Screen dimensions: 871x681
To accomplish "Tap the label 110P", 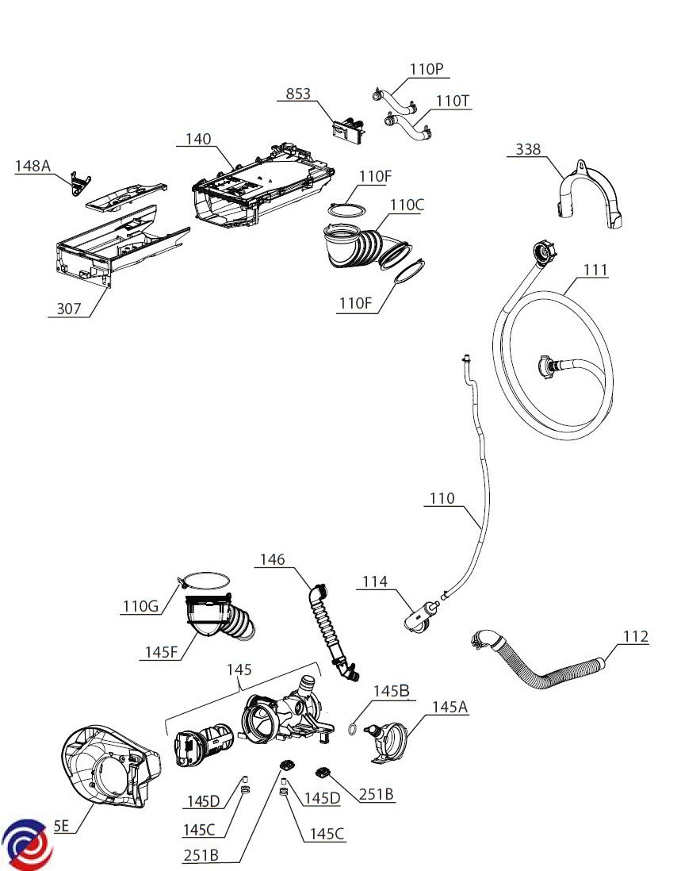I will point(427,70).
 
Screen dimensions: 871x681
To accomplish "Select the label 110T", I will point(453,101).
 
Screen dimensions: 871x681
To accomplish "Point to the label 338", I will point(529,149).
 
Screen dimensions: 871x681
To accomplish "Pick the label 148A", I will point(33,166).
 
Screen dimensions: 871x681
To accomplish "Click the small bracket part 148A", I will point(77,183).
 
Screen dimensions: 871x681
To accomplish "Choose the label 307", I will point(69,309).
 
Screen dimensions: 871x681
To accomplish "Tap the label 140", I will point(198,139).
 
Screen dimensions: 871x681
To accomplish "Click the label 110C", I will point(407,205).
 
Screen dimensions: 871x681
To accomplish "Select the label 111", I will point(595,270).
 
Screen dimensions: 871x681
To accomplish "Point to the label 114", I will point(375,582).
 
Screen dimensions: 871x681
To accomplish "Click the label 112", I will point(635,636).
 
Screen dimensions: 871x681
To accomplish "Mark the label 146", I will point(272,560).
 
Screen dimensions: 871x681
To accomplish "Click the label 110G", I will point(140,607).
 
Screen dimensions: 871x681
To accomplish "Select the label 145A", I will point(450,706).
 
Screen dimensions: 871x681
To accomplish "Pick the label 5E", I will point(62,826).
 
